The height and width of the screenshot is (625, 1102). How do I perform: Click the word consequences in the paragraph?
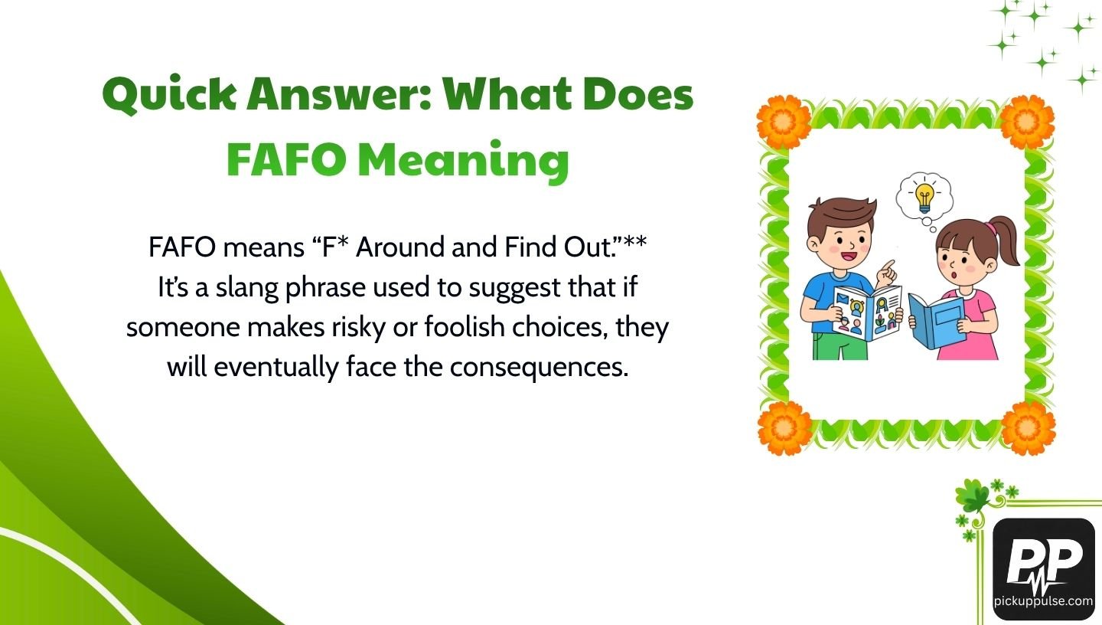[539, 368]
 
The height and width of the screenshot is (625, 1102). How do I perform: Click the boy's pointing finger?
[888, 267]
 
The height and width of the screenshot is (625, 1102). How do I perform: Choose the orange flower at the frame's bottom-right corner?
[1028, 427]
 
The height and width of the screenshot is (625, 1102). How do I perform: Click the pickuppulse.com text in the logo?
[1043, 601]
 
